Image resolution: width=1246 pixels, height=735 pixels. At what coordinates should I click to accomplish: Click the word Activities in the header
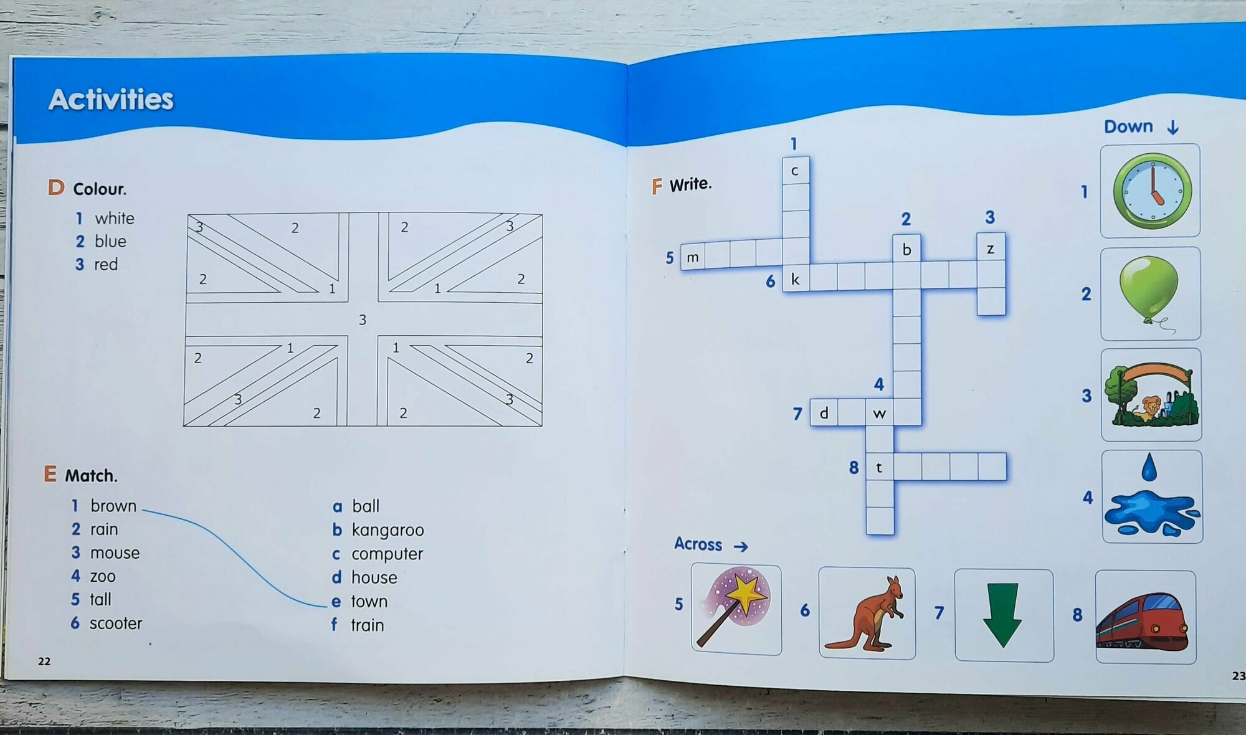pos(111,100)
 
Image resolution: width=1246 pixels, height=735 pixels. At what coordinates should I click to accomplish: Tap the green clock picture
pos(1151,191)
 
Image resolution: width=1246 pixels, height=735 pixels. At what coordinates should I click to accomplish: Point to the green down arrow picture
pos(1002,615)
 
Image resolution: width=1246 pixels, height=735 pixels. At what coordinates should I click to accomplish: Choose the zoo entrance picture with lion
pos(1151,396)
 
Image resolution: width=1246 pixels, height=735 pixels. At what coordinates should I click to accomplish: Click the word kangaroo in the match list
pos(388,530)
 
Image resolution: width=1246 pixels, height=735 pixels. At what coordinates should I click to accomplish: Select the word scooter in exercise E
pos(116,624)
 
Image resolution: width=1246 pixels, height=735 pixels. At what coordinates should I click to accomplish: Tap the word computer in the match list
pos(387,554)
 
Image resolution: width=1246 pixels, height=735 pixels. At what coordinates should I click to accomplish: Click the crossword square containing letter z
pos(990,249)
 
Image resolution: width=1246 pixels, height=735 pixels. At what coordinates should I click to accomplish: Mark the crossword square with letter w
pos(879,414)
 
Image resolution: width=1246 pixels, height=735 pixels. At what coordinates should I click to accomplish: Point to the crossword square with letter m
pos(693,257)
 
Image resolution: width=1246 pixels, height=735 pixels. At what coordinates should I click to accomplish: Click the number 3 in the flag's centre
pos(362,320)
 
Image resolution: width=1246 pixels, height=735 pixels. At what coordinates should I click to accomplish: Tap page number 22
pos(44,661)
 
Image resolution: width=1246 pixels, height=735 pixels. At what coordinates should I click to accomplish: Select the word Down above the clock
pos(1128,126)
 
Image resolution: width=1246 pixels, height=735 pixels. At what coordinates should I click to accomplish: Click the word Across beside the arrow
pos(698,544)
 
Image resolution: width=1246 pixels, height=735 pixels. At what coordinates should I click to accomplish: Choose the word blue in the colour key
pos(110,242)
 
